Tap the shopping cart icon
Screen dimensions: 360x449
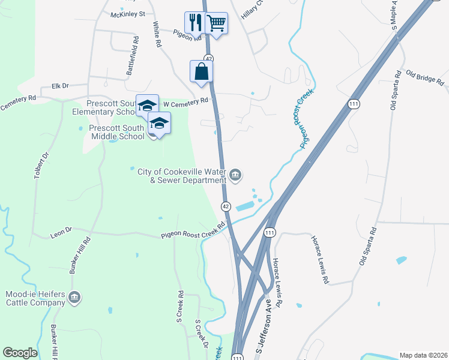click(216, 23)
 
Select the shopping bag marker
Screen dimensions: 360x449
click(202, 71)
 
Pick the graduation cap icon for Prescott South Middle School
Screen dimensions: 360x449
click(159, 123)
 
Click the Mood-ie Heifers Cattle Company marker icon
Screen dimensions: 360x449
click(75, 297)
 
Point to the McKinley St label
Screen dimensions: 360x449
click(127, 13)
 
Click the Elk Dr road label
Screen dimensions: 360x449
click(61, 86)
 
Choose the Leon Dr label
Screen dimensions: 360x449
click(61, 230)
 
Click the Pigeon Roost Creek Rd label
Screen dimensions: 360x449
click(193, 231)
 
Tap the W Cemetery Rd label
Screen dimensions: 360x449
click(185, 103)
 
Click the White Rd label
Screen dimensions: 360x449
click(157, 35)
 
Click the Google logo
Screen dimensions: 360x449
click(20, 353)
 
